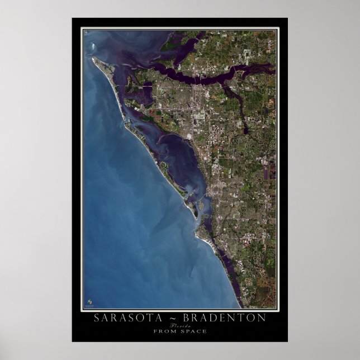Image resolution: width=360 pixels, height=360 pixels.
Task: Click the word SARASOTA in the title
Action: (x=123, y=318)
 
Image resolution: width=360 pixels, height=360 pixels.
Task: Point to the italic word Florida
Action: (x=180, y=325)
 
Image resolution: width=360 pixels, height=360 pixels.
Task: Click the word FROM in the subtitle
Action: (x=163, y=331)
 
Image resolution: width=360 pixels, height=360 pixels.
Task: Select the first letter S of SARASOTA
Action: (x=97, y=318)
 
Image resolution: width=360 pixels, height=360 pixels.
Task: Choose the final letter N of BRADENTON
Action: (x=263, y=318)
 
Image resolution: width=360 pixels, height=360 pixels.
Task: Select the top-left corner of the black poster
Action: (x=73, y=18)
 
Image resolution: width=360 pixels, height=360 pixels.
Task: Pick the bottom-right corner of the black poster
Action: (x=287, y=341)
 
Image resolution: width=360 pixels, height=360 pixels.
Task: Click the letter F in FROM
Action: (x=155, y=331)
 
